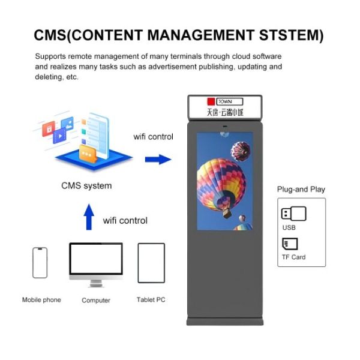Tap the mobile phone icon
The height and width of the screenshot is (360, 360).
[x=40, y=263]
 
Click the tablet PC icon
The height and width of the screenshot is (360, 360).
[x=151, y=263]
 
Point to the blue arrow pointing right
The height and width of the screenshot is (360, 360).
[x=158, y=160]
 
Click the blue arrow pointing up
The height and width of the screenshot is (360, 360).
[x=89, y=217]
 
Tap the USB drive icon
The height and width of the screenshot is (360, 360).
[x=293, y=214]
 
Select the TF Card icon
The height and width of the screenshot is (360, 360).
[x=290, y=244]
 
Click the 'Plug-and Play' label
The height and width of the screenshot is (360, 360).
[x=301, y=190]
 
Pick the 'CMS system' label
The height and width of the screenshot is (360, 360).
[x=86, y=185]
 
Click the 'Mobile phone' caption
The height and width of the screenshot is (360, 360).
[x=41, y=299]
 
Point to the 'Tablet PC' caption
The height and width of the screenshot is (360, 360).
[x=151, y=299]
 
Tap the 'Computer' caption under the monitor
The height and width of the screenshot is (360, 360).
[x=96, y=300]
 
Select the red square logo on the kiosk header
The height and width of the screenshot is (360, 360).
[x=210, y=101]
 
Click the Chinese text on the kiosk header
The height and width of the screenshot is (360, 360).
[x=225, y=112]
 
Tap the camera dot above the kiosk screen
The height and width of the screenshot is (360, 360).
[x=225, y=127]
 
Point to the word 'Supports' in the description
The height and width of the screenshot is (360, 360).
[x=49, y=56]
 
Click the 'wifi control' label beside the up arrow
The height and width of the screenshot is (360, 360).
[x=125, y=220]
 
